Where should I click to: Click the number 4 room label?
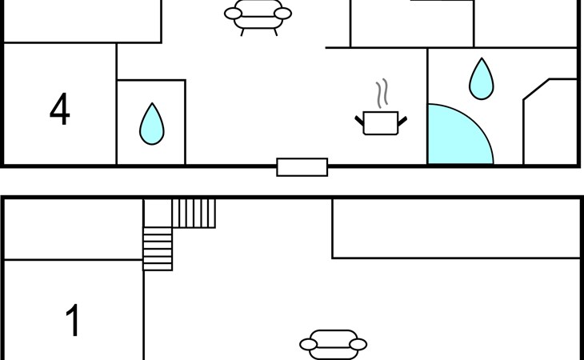pos(60,109)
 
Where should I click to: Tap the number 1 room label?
pos(73,320)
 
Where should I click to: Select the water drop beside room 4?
pos(151,124)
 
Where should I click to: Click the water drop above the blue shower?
pos(482,79)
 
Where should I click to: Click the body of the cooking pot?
pos(381,123)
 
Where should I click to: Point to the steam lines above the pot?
pos(382,93)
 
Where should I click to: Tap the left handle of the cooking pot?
pos(359,121)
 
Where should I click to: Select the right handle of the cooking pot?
pos(402,121)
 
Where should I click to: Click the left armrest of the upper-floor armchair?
pos(233,14)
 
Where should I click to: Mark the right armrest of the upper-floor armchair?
pos(282,14)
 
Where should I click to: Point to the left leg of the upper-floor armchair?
pos(242,32)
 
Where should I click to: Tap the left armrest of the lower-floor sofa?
pos(308,344)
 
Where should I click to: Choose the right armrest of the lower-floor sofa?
pos(358,344)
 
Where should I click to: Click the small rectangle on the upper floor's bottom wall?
pos(302,167)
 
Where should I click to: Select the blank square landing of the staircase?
pos(158,214)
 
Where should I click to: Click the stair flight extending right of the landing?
pos(194,214)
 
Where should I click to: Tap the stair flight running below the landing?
pos(158,249)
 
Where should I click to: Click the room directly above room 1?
pos(74,229)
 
